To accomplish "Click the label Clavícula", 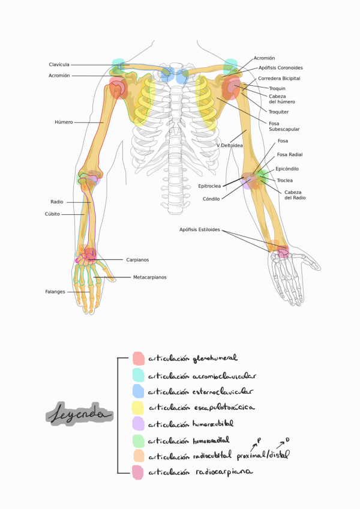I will [x=59, y=65].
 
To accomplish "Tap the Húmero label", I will [x=64, y=122].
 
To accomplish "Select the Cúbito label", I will [x=52, y=214].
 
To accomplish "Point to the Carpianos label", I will [x=137, y=260].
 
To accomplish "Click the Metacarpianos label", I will [x=149, y=277].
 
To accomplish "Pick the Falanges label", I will [x=55, y=292].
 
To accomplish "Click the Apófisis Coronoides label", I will [x=280, y=68].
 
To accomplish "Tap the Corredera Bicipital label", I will [x=279, y=78].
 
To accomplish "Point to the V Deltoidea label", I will [x=229, y=145].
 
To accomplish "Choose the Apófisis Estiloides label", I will [x=200, y=229].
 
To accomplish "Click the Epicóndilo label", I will [x=287, y=169].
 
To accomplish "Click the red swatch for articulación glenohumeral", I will [x=138, y=359].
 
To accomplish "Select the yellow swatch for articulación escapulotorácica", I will [x=138, y=408].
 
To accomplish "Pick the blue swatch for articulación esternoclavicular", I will [x=138, y=391].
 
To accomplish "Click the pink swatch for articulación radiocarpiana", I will [x=137, y=472].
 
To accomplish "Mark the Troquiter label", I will [x=279, y=112].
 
